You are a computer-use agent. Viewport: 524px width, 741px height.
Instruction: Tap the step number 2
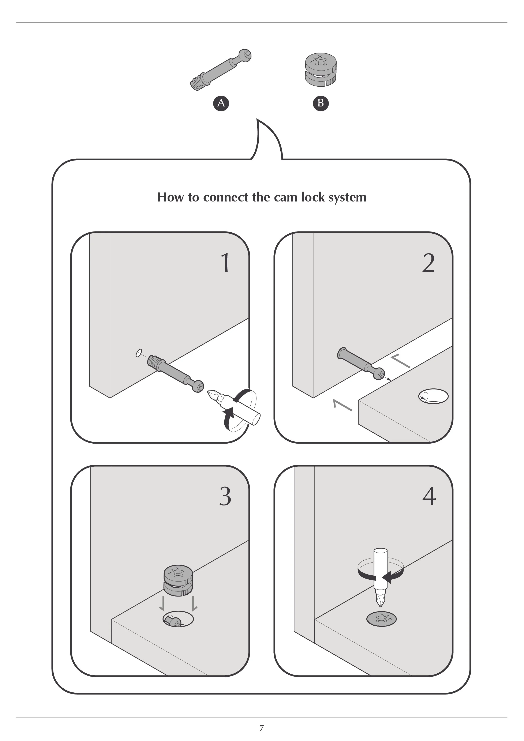[428, 263]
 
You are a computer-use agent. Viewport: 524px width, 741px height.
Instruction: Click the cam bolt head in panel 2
[379, 374]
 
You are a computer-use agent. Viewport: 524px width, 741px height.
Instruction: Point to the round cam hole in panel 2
[433, 396]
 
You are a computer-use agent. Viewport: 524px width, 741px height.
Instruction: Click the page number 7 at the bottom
[262, 728]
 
